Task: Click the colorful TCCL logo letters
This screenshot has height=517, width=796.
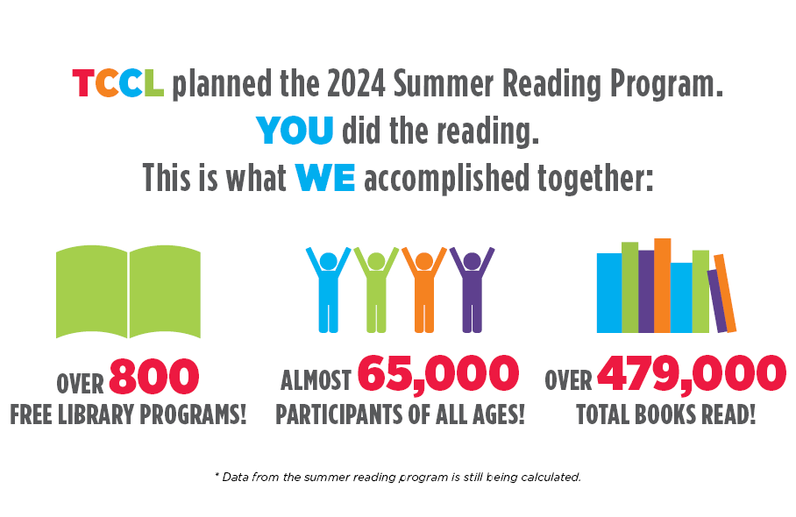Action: pos(117,84)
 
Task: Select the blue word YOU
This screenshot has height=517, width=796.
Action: pos(295,131)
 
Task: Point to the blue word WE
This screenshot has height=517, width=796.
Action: pos(325,178)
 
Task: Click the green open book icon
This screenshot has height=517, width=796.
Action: pos(128,293)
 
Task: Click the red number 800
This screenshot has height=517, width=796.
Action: pos(154,377)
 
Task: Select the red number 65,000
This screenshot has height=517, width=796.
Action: pos(437,375)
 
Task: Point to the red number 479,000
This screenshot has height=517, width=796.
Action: pos(692,375)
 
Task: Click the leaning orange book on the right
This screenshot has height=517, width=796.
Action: pos(725,294)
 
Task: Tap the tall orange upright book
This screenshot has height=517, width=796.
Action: pos(662,285)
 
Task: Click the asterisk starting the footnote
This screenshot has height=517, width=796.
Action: pos(217,475)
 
